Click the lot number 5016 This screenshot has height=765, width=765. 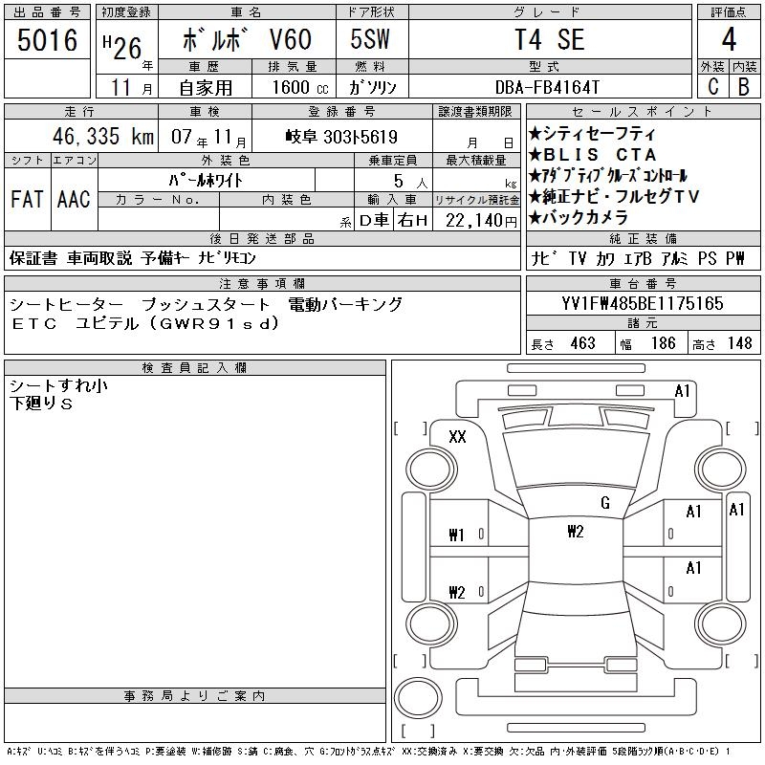[x=47, y=40]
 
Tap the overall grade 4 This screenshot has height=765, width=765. [x=729, y=39]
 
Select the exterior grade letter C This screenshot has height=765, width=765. [x=713, y=87]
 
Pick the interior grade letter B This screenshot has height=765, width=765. [x=744, y=87]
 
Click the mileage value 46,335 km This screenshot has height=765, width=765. [x=103, y=136]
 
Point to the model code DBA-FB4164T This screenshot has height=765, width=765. [x=547, y=87]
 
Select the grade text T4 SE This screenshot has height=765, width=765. [x=550, y=39]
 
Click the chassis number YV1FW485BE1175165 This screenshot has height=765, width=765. [x=643, y=303]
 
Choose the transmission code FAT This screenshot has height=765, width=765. [x=27, y=199]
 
